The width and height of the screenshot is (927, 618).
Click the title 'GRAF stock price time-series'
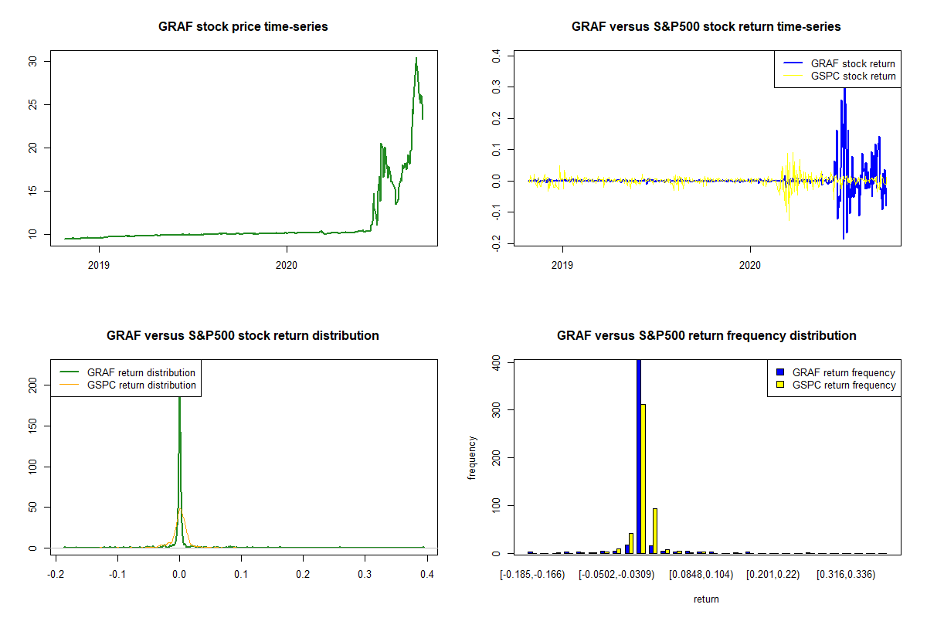[x=243, y=27]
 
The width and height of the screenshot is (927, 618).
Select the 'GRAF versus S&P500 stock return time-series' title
[x=706, y=27]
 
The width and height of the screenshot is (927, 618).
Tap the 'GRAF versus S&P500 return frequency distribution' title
[x=706, y=336]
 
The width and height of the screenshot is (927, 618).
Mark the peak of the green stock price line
[x=416, y=58]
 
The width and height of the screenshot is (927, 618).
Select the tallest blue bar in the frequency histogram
[x=638, y=456]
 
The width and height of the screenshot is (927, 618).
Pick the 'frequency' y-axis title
[x=472, y=458]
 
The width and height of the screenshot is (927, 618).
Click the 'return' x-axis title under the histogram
[x=706, y=599]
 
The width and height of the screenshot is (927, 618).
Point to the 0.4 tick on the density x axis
[x=427, y=575]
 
